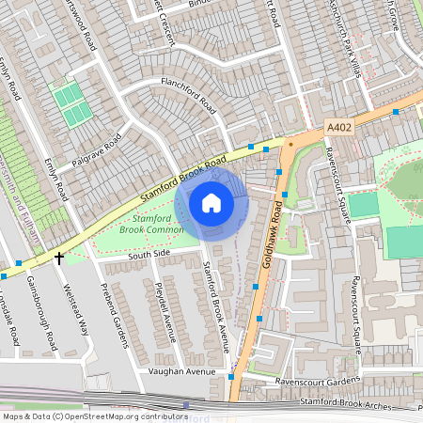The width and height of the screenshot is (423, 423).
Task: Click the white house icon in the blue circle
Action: (x=211, y=203)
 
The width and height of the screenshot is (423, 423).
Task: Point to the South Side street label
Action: (x=149, y=254)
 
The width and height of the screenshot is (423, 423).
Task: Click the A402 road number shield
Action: (x=339, y=126)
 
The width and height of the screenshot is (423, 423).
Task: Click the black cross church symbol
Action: (x=59, y=256)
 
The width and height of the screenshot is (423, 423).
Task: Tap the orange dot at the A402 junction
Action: (x=291, y=145)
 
